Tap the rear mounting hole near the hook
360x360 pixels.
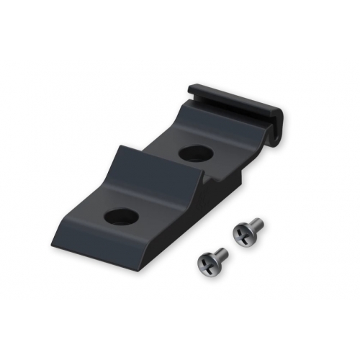(194, 153)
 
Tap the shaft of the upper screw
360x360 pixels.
(255, 225)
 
